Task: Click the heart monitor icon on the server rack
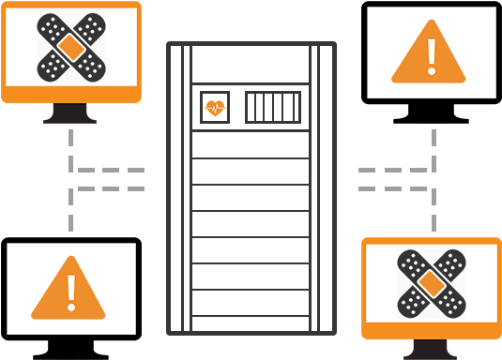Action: coord(215,108)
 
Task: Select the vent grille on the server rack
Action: coord(273,108)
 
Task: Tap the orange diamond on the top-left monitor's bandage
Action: coord(71,46)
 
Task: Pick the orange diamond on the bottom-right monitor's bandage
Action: coord(431,282)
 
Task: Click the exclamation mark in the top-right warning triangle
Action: coord(431,56)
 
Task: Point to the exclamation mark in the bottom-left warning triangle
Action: coord(71,292)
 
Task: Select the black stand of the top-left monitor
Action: coord(70,113)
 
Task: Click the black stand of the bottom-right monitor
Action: coord(431,351)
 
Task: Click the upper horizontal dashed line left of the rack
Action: coord(111,171)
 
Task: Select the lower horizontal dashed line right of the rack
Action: coord(392,188)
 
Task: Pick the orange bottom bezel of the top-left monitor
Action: coord(71,96)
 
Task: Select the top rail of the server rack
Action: coord(251,43)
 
